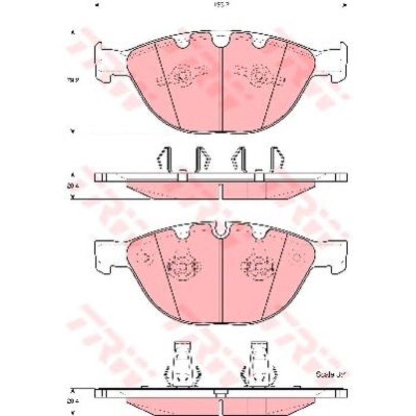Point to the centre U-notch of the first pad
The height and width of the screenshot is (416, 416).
pyautogui.click(x=221, y=40)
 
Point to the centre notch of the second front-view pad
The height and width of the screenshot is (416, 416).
pyautogui.click(x=221, y=229)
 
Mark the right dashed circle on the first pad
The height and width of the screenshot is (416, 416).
pyautogui.click(x=259, y=75)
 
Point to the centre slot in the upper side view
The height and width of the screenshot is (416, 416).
pyautogui.click(x=221, y=190)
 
